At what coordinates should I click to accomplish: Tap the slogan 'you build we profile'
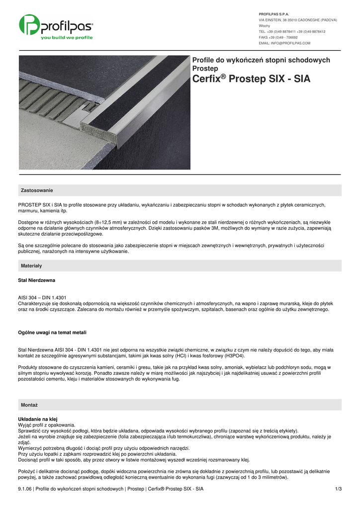pyautogui.click(x=66, y=38)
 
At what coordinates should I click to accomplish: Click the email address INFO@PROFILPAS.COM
pyautogui.click(x=284, y=43)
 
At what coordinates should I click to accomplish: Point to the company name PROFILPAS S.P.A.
pyautogui.click(x=274, y=14)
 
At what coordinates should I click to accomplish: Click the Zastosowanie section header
pyautogui.click(x=37, y=190)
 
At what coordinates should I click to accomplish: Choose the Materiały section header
pyautogui.click(x=31, y=266)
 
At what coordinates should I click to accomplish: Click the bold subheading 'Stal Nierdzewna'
pyautogui.click(x=36, y=280)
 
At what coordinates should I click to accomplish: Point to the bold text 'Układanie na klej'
pyautogui.click(x=38, y=419)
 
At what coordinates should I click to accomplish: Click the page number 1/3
pyautogui.click(x=339, y=489)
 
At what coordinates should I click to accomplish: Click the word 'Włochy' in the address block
pyautogui.click(x=265, y=26)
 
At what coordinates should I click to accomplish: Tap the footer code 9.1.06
pyautogui.click(x=25, y=489)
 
